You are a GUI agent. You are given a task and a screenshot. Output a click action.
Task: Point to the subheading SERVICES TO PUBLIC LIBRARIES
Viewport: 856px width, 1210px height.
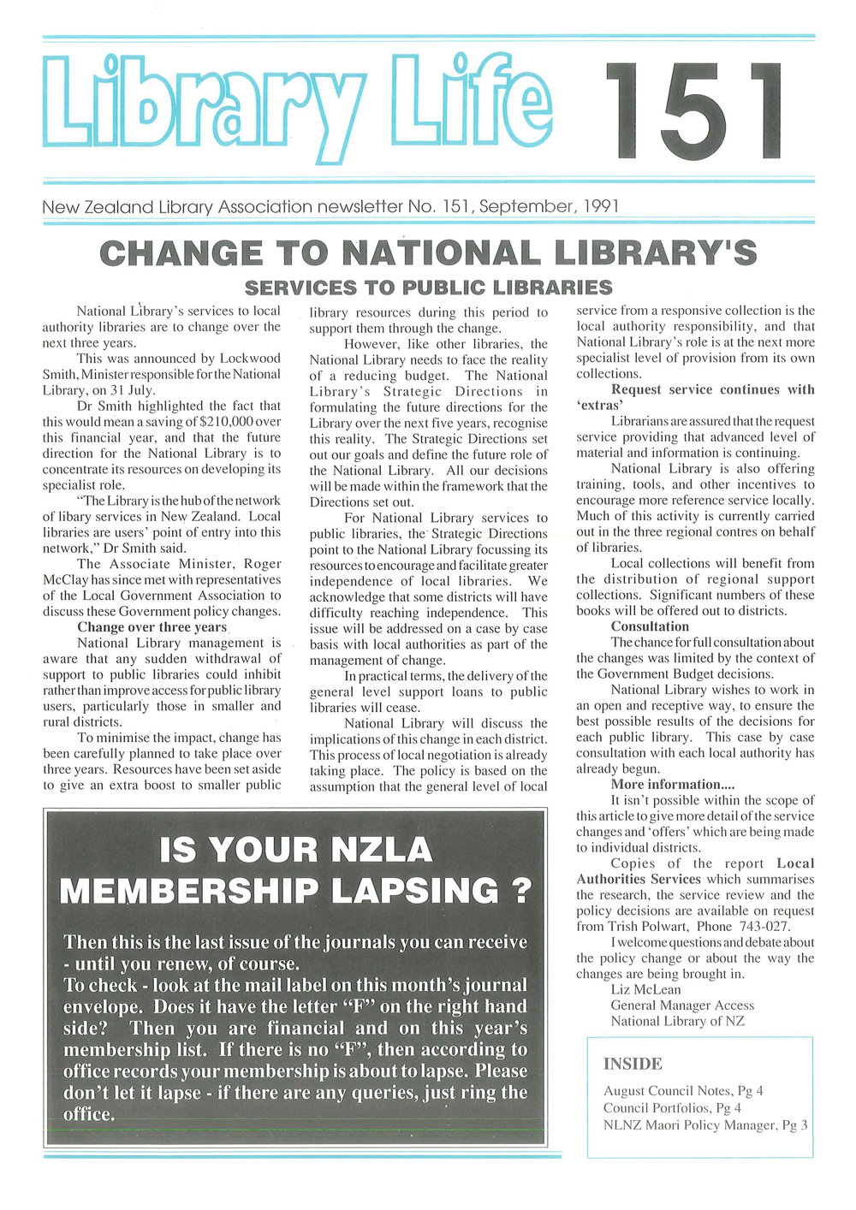(428, 287)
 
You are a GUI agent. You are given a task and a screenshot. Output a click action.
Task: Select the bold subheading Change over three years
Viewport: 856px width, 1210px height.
(152, 627)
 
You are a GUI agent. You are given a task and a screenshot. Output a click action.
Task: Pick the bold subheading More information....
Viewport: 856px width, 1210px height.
(666, 785)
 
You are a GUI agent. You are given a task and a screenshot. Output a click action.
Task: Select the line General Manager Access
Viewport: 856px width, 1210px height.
(682, 1005)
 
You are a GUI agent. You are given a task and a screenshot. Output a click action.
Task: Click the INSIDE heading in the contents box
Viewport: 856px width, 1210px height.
(633, 1064)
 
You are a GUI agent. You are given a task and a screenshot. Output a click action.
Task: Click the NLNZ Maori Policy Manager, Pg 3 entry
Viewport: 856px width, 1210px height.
(704, 1125)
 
